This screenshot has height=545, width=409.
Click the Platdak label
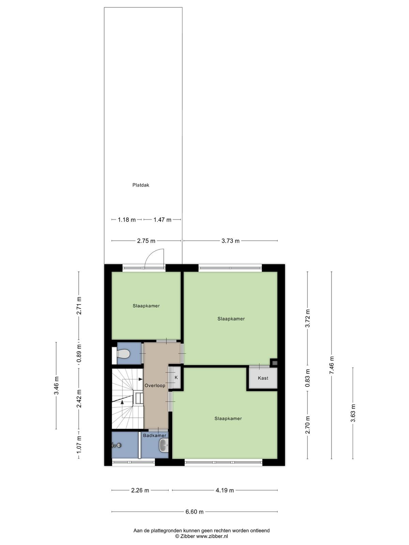pos(140,185)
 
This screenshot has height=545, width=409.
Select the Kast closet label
pos(263,378)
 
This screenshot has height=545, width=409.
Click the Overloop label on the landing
pos(155,385)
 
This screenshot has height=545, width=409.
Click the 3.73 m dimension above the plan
pos(230,240)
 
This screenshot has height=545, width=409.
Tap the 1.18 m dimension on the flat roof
pos(127,219)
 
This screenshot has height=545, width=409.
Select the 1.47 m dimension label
pos(163,219)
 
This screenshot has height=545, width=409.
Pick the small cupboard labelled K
pos(176,377)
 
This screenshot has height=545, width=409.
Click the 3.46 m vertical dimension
pos(56,385)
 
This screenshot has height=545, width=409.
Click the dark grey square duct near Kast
pos(274,363)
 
